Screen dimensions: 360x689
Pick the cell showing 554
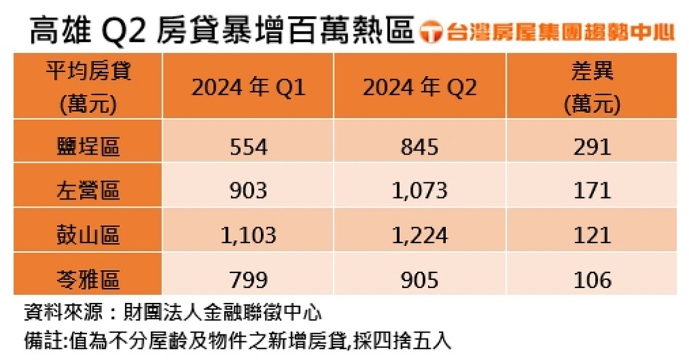coord(248,147)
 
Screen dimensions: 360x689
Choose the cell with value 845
coord(420,147)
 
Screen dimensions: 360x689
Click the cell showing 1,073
coord(420,190)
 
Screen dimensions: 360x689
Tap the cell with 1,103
coord(248,235)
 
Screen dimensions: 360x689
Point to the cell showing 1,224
coord(420,235)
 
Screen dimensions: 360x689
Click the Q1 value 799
coord(248,280)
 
